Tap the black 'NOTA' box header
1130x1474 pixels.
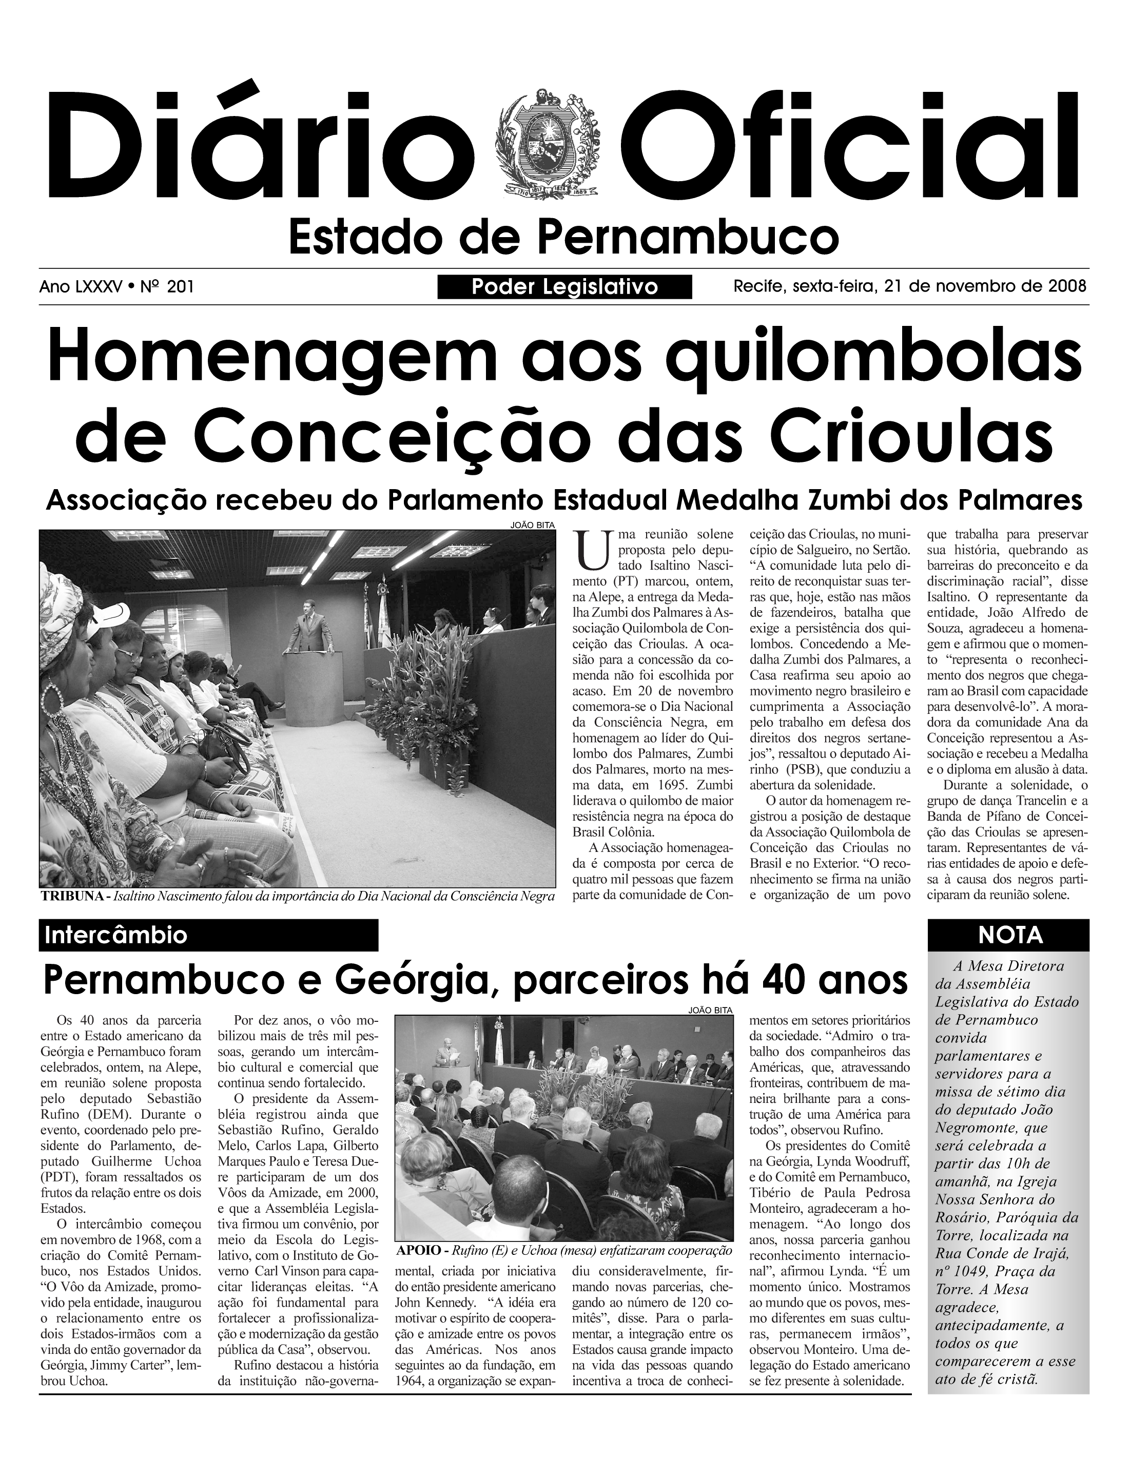1007,935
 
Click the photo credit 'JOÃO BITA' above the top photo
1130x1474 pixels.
533,526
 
